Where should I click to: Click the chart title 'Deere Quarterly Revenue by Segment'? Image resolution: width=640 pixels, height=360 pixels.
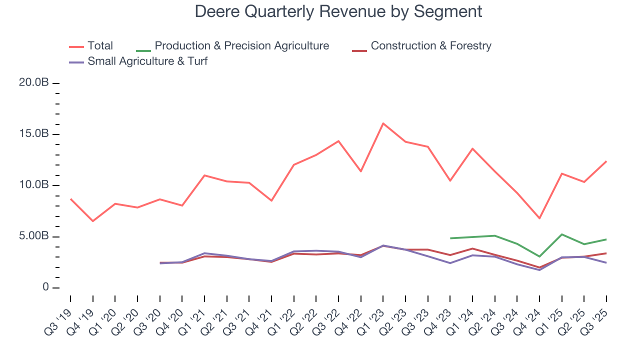[338, 11]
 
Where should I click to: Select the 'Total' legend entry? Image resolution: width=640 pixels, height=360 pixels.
[100, 46]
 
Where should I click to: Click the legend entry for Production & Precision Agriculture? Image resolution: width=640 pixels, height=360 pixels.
[241, 46]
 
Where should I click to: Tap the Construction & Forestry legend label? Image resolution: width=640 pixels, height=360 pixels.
[430, 46]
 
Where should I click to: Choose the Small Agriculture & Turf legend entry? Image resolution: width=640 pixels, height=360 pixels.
[147, 61]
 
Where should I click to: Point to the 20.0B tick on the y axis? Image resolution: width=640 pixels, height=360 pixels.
[33, 82]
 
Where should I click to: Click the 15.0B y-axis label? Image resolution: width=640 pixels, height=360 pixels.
[33, 134]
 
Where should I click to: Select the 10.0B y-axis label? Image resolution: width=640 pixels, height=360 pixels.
[33, 185]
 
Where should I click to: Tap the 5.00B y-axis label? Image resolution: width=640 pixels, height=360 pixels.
[33, 236]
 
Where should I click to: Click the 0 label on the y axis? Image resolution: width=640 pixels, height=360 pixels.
[45, 287]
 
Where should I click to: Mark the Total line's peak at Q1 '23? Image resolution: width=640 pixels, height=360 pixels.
[383, 123]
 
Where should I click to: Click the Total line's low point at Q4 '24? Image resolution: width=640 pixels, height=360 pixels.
[539, 218]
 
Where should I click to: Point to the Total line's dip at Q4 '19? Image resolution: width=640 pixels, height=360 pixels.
[92, 221]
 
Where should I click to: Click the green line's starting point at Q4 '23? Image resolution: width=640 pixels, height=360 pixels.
[450, 238]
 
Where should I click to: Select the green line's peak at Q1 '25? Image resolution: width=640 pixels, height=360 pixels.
[562, 234]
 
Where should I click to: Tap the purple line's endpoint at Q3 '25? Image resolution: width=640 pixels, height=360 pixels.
[606, 262]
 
